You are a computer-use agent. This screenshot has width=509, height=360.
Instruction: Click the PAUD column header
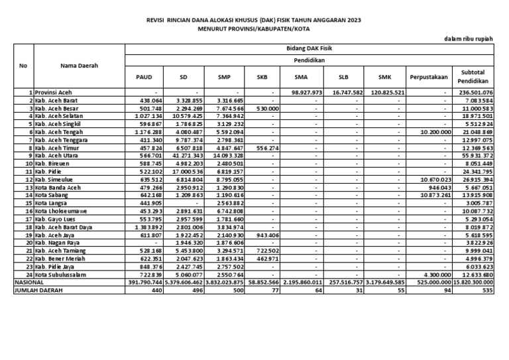(144, 77)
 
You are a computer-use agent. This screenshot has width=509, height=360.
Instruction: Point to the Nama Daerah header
(79, 66)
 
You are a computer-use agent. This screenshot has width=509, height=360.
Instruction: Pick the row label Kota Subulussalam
(64, 275)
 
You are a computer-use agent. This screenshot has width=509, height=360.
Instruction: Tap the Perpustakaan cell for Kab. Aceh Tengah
(435, 132)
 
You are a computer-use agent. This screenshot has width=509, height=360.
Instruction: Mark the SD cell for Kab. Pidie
(189, 172)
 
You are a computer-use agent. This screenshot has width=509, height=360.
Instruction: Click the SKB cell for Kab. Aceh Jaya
(266, 235)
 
